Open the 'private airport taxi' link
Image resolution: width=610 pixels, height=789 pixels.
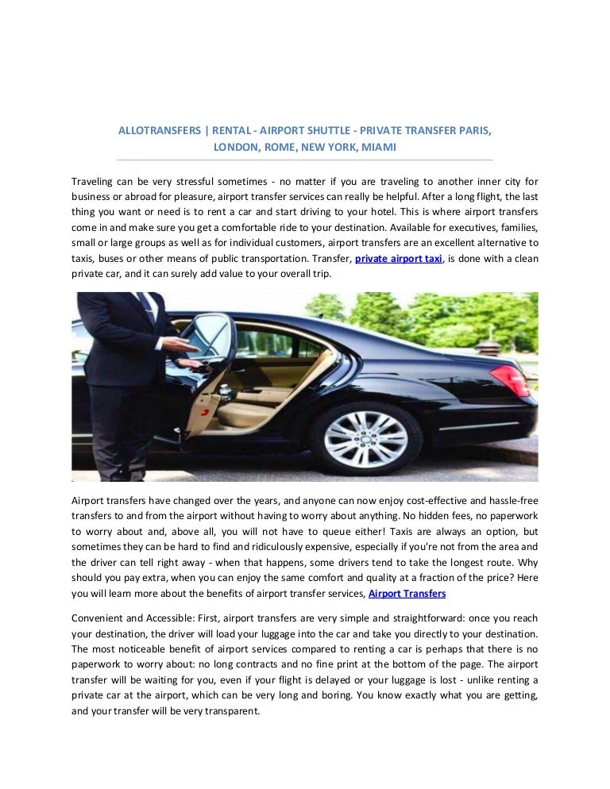[x=399, y=260]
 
